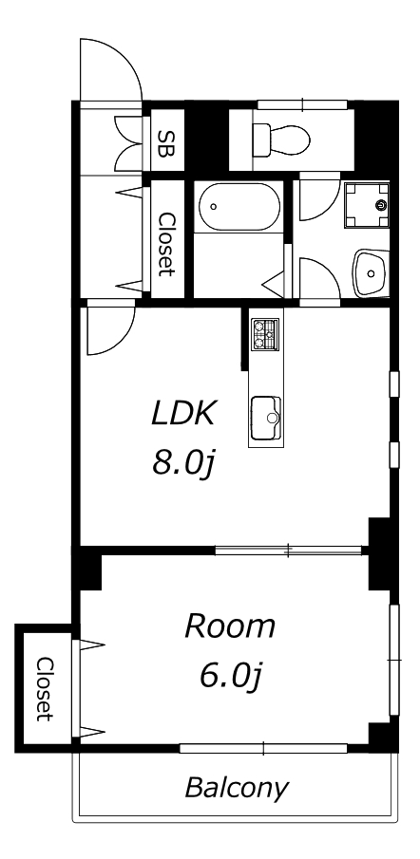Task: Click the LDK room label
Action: [181, 414]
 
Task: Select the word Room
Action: [230, 626]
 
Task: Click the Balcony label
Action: [237, 789]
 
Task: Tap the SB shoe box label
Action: [163, 143]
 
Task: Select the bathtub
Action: [239, 207]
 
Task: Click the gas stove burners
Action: [265, 334]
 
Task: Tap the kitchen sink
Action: [266, 419]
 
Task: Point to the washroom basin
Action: [372, 273]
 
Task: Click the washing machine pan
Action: [367, 205]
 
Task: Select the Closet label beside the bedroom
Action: [45, 689]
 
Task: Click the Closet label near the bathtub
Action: [166, 244]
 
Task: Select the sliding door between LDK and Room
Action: [289, 550]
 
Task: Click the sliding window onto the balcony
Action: [263, 748]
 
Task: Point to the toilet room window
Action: [303, 104]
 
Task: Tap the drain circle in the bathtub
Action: [213, 207]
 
